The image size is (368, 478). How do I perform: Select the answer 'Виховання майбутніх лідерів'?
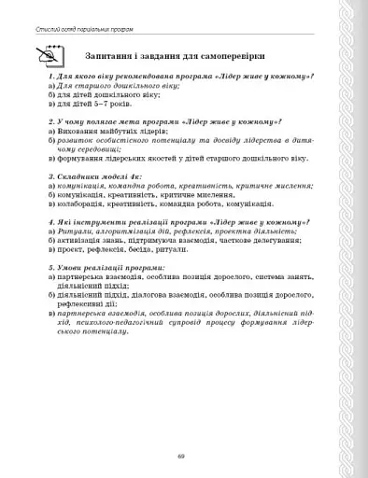click(107, 133)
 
